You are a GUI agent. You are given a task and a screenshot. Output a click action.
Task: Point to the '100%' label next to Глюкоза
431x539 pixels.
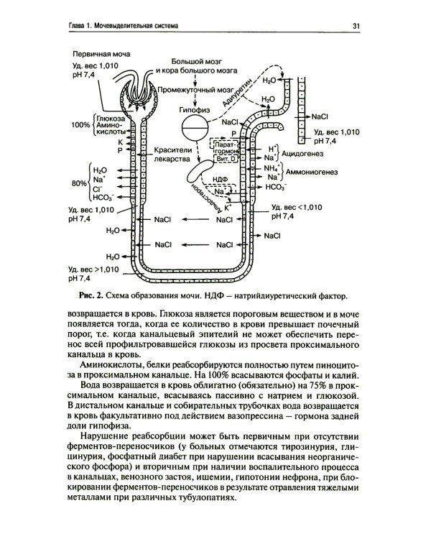pos(80,125)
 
